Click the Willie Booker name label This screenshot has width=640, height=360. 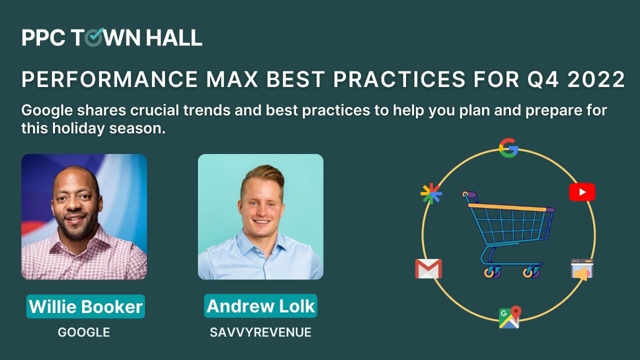85,306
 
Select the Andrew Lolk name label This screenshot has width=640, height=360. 260,306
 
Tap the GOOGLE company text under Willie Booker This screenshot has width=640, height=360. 84,332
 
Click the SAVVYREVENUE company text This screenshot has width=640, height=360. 260,332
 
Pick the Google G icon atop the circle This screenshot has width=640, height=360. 508,148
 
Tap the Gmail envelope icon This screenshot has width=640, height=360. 428,268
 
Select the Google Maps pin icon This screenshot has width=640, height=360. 509,317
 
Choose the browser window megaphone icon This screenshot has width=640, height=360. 582,269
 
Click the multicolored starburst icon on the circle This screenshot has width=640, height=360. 431,194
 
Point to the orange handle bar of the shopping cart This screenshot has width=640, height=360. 507,207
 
